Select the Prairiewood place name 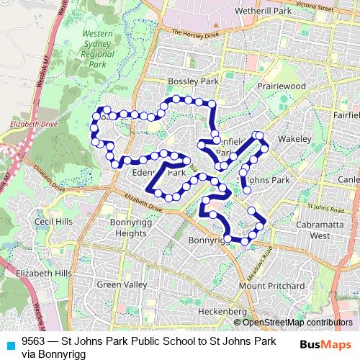pos(282,86)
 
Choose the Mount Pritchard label pos(266,286)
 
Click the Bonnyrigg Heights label pos(129,228)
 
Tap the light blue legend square pos(9,343)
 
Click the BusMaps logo pos(325,344)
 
